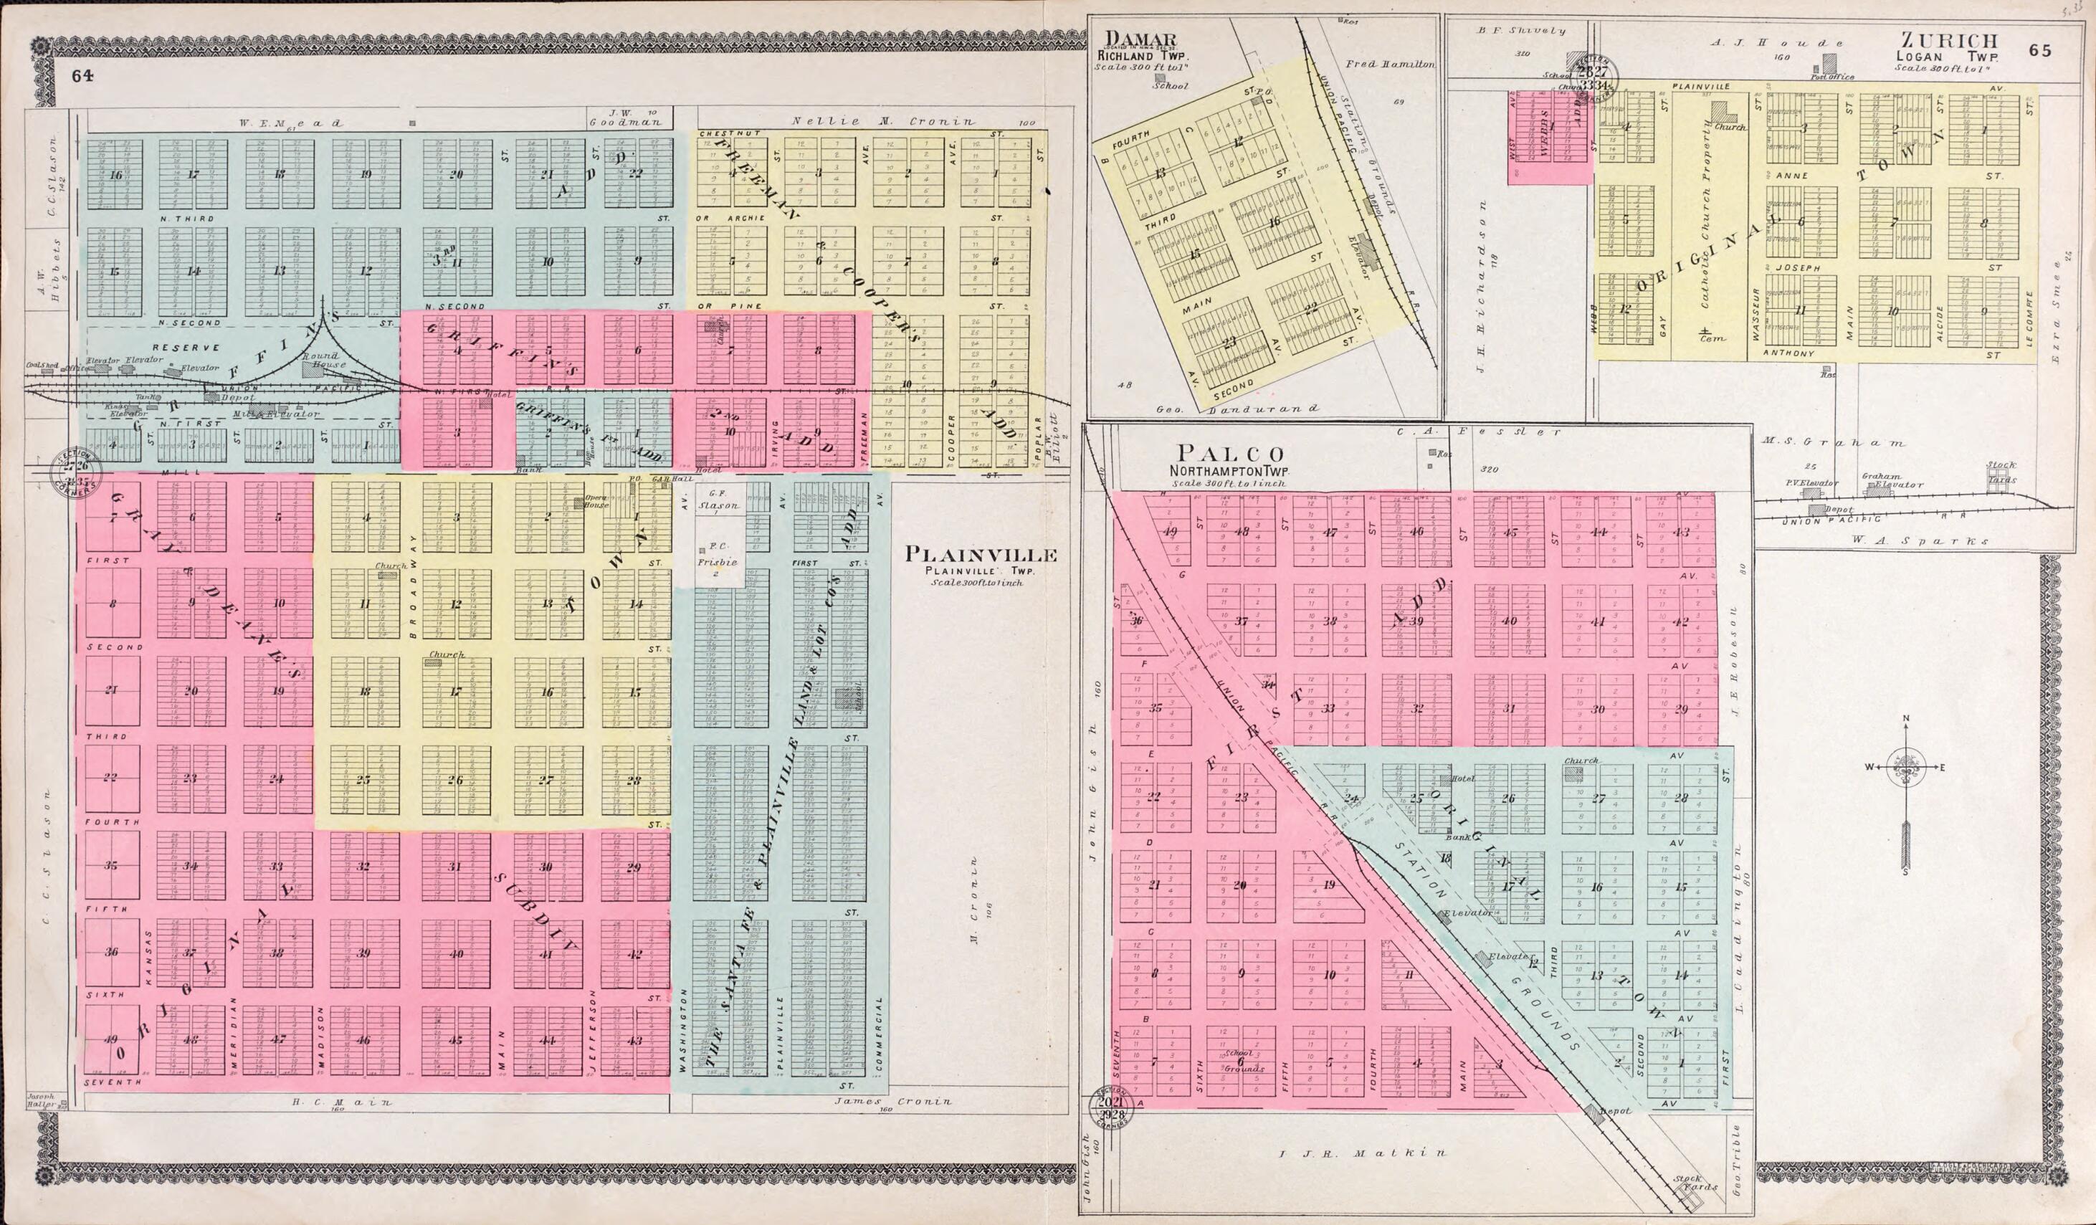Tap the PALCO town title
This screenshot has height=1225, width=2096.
point(1228,454)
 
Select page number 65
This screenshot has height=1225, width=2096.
point(2039,50)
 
